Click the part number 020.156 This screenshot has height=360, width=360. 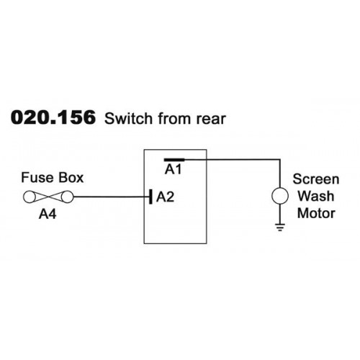(x=53, y=117)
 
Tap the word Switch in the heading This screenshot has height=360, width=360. (x=128, y=118)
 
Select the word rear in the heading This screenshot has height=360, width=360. (x=211, y=119)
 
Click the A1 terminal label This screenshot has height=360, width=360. (x=174, y=169)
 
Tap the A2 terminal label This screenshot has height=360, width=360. (x=165, y=197)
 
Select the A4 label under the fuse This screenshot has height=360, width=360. (x=48, y=214)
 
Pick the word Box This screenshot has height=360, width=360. (x=71, y=178)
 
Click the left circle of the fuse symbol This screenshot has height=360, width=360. (x=30, y=197)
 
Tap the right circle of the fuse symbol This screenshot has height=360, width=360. (x=67, y=197)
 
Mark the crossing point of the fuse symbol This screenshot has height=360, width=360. (x=48, y=197)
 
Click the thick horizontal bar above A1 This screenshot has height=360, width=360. (x=174, y=159)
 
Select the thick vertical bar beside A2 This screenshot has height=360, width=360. (x=150, y=197)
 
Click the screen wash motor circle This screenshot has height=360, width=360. (x=280, y=196)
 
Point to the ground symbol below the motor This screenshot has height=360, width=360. (x=280, y=227)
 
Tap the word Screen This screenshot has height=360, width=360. (x=316, y=179)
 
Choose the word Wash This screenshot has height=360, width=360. (x=316, y=196)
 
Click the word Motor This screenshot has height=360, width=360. (x=316, y=213)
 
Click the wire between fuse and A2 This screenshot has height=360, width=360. (x=112, y=197)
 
